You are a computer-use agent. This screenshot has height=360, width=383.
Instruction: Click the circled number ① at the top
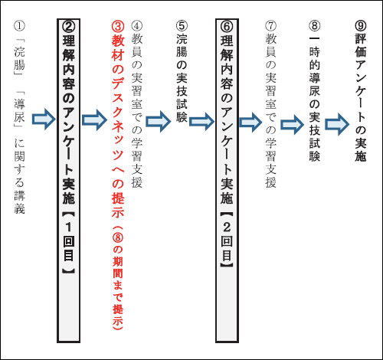20,26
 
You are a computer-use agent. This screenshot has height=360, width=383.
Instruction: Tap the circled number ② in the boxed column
69,27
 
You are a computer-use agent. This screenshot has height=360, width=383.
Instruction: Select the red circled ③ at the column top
118,27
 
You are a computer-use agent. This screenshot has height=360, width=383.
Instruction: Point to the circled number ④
137,26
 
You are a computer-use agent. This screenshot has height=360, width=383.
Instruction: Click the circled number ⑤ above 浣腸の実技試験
182,26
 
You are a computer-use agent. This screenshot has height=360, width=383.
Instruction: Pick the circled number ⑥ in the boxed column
227,27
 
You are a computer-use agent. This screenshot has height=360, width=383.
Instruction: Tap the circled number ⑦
271,26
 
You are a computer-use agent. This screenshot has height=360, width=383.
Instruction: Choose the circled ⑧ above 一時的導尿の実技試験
315,26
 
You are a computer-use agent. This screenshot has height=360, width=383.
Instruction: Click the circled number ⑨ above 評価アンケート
361,26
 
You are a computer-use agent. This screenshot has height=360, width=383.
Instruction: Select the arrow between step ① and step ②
44,119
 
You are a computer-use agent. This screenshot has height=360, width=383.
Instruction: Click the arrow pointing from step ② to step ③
94,120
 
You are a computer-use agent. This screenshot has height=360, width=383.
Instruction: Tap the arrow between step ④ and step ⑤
159,121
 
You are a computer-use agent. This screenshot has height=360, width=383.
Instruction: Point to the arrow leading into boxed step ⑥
201,122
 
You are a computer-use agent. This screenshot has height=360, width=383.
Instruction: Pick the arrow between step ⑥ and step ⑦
250,123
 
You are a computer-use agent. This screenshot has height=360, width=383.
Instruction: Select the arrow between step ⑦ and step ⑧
292,125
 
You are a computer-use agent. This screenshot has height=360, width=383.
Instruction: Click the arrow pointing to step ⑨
337,124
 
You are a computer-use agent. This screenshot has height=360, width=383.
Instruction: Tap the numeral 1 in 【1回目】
69,227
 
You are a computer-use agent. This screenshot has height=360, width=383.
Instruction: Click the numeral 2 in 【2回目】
227,227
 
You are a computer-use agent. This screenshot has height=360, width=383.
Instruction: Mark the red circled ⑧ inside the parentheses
118,237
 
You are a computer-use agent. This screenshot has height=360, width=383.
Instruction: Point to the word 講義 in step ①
20,202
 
